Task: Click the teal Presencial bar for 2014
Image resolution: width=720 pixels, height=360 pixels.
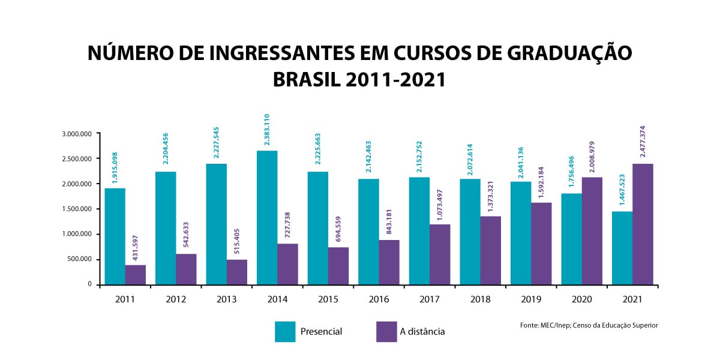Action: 267,217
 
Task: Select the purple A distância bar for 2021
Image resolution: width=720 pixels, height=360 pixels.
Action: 643,224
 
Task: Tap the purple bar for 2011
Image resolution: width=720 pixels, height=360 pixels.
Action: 136,274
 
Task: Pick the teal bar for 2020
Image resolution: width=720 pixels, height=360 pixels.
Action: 571,239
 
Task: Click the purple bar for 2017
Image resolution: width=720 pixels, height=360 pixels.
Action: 440,254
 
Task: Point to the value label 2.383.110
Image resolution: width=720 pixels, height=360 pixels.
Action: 267,130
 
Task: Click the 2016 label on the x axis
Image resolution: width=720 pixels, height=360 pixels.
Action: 379,299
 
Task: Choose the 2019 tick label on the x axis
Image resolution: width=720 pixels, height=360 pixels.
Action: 531,299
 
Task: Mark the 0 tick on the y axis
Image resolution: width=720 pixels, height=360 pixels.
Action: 89,284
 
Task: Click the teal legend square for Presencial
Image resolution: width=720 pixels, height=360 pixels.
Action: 285,331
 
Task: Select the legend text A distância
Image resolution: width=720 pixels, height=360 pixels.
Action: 422,331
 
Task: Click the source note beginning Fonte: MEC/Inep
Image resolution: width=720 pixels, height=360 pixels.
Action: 589,325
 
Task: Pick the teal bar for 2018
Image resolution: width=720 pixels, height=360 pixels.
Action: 470,231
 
